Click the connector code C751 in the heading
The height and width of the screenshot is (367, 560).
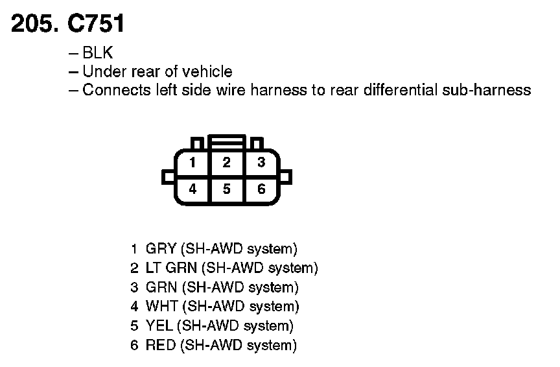coord(96,24)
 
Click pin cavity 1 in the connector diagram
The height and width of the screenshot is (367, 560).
coord(192,163)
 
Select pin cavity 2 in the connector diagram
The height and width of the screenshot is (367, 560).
coord(226,163)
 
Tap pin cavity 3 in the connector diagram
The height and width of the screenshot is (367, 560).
coord(261,163)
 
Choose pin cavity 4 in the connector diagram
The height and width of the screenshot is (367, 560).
coord(192,189)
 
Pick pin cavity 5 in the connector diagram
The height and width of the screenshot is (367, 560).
coord(226,189)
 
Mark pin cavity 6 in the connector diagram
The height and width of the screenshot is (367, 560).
coord(261,189)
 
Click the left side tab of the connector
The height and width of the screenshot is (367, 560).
coord(168,176)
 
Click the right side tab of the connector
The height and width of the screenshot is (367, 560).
coord(286,176)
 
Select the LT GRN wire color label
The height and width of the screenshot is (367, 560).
coord(172,268)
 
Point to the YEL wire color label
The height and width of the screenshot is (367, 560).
coord(159,326)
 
